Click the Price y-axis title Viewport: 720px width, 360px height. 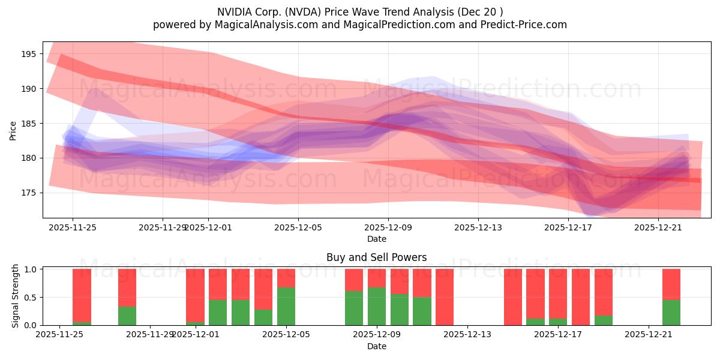(x=13, y=130)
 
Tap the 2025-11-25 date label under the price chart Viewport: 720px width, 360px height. (x=73, y=227)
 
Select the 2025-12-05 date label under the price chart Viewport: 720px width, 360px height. (x=298, y=227)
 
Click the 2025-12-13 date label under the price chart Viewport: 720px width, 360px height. (x=478, y=227)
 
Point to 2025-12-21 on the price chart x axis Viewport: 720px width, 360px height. (x=658, y=227)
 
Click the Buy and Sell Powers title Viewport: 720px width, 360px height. (x=376, y=257)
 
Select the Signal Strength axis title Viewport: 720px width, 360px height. (x=16, y=296)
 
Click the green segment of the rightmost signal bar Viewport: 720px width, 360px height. (x=671, y=313)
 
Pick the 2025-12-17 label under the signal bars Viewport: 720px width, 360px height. (x=558, y=335)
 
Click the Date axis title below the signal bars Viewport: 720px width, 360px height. (x=376, y=346)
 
